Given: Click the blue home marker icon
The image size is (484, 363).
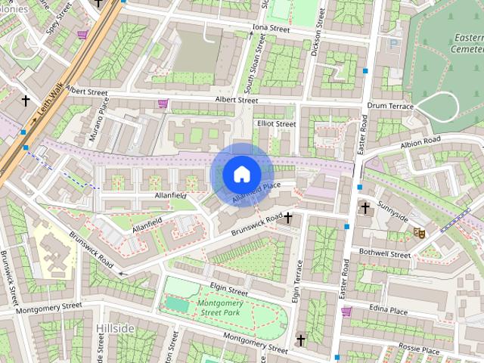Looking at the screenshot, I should point(241,174).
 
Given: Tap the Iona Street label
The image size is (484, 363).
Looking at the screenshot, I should point(271,29).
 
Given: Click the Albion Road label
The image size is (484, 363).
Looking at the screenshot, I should point(420,141).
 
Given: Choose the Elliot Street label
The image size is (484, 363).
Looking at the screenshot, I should point(276,123).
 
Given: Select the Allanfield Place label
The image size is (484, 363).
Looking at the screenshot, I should point(256,192).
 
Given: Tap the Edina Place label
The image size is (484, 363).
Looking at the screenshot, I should point(388,311).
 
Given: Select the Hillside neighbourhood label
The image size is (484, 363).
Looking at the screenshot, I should point(115,328).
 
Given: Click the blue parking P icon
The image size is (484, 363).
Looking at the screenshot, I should point(391,43).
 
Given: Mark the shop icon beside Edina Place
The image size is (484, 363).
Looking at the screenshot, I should point(346,311).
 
